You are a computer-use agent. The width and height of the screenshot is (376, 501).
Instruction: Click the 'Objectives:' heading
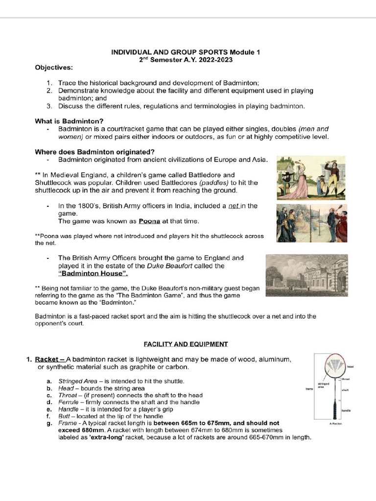coord(54,67)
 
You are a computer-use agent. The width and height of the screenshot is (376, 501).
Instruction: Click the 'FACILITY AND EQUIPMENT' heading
coord(186,344)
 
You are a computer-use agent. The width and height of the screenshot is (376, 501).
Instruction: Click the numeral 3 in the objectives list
coord(49,106)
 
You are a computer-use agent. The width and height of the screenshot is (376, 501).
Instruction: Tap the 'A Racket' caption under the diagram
coord(335,424)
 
